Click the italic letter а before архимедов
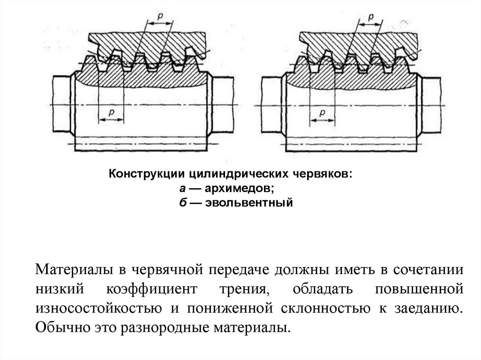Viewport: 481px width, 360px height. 181,189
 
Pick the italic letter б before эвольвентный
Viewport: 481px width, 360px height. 181,204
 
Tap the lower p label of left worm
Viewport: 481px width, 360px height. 111,113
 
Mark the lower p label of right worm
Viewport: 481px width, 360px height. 323,113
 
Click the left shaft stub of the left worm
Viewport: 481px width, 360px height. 61,105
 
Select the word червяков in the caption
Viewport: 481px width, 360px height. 324,174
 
